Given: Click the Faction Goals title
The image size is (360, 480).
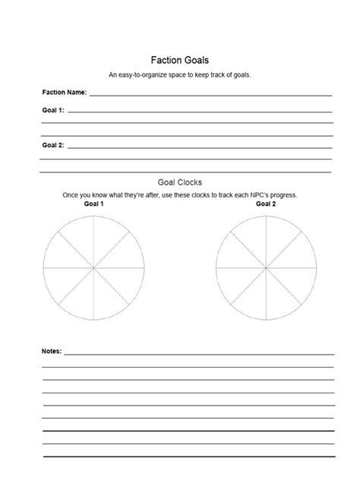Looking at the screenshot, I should (180, 60).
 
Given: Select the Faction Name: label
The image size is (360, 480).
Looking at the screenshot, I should (65, 93).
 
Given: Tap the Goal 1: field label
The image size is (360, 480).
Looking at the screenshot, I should (53, 111).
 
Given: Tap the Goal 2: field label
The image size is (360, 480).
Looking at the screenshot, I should (53, 145).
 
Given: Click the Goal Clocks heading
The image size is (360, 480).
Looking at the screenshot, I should (180, 182).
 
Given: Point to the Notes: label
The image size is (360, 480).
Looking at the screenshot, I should (52, 352).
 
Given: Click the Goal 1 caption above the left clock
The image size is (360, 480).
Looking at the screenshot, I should (93, 204).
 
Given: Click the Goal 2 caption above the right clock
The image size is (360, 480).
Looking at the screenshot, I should (266, 204).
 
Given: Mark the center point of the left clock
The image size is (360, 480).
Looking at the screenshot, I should (93, 268).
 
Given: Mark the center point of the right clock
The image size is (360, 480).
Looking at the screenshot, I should (266, 268).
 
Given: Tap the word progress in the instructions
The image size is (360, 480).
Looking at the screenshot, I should (282, 195).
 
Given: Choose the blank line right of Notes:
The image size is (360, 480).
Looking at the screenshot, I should (199, 354).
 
